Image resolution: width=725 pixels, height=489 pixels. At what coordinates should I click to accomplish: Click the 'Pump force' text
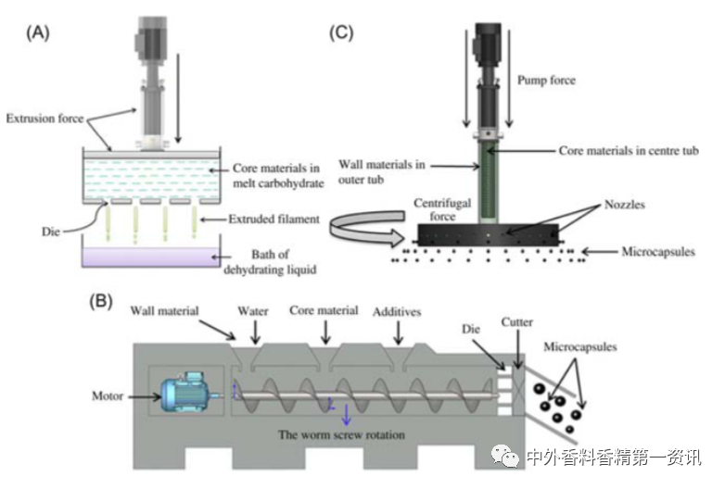tap(545, 81)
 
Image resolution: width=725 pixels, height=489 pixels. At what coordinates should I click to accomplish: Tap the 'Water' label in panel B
tap(252, 312)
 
